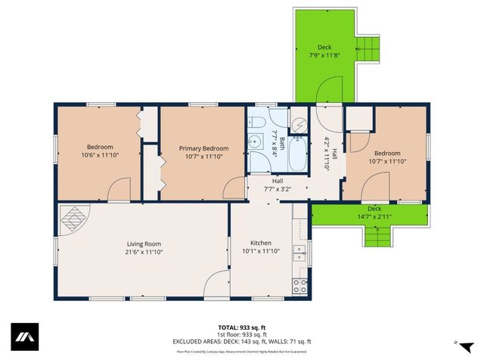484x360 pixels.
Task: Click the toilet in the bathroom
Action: [257, 124]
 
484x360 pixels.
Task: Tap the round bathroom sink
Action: [257, 140]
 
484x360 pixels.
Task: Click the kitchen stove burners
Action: [300, 286]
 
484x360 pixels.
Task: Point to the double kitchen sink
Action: [300, 253]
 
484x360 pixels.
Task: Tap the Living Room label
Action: [144, 244]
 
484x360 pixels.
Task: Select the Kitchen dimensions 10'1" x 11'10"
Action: [260, 250]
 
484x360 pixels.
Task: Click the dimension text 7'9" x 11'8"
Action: [324, 55]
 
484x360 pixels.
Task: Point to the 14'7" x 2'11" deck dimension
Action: [374, 217]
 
